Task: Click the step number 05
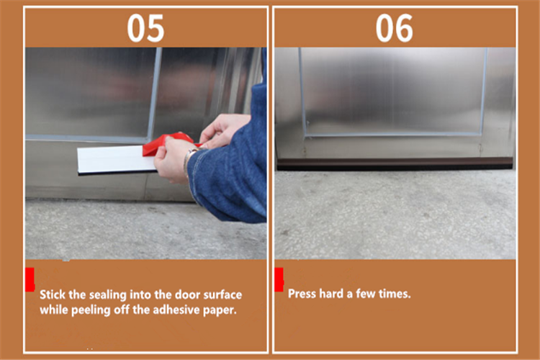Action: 145,28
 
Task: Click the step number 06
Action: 395,28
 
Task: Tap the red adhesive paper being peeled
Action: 168,144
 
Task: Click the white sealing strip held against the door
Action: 114,160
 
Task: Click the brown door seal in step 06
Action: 395,164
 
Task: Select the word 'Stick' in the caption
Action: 53,294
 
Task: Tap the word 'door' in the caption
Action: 187,294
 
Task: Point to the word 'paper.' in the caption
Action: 220,310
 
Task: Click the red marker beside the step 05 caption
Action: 30,279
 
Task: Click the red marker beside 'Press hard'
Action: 279,279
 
